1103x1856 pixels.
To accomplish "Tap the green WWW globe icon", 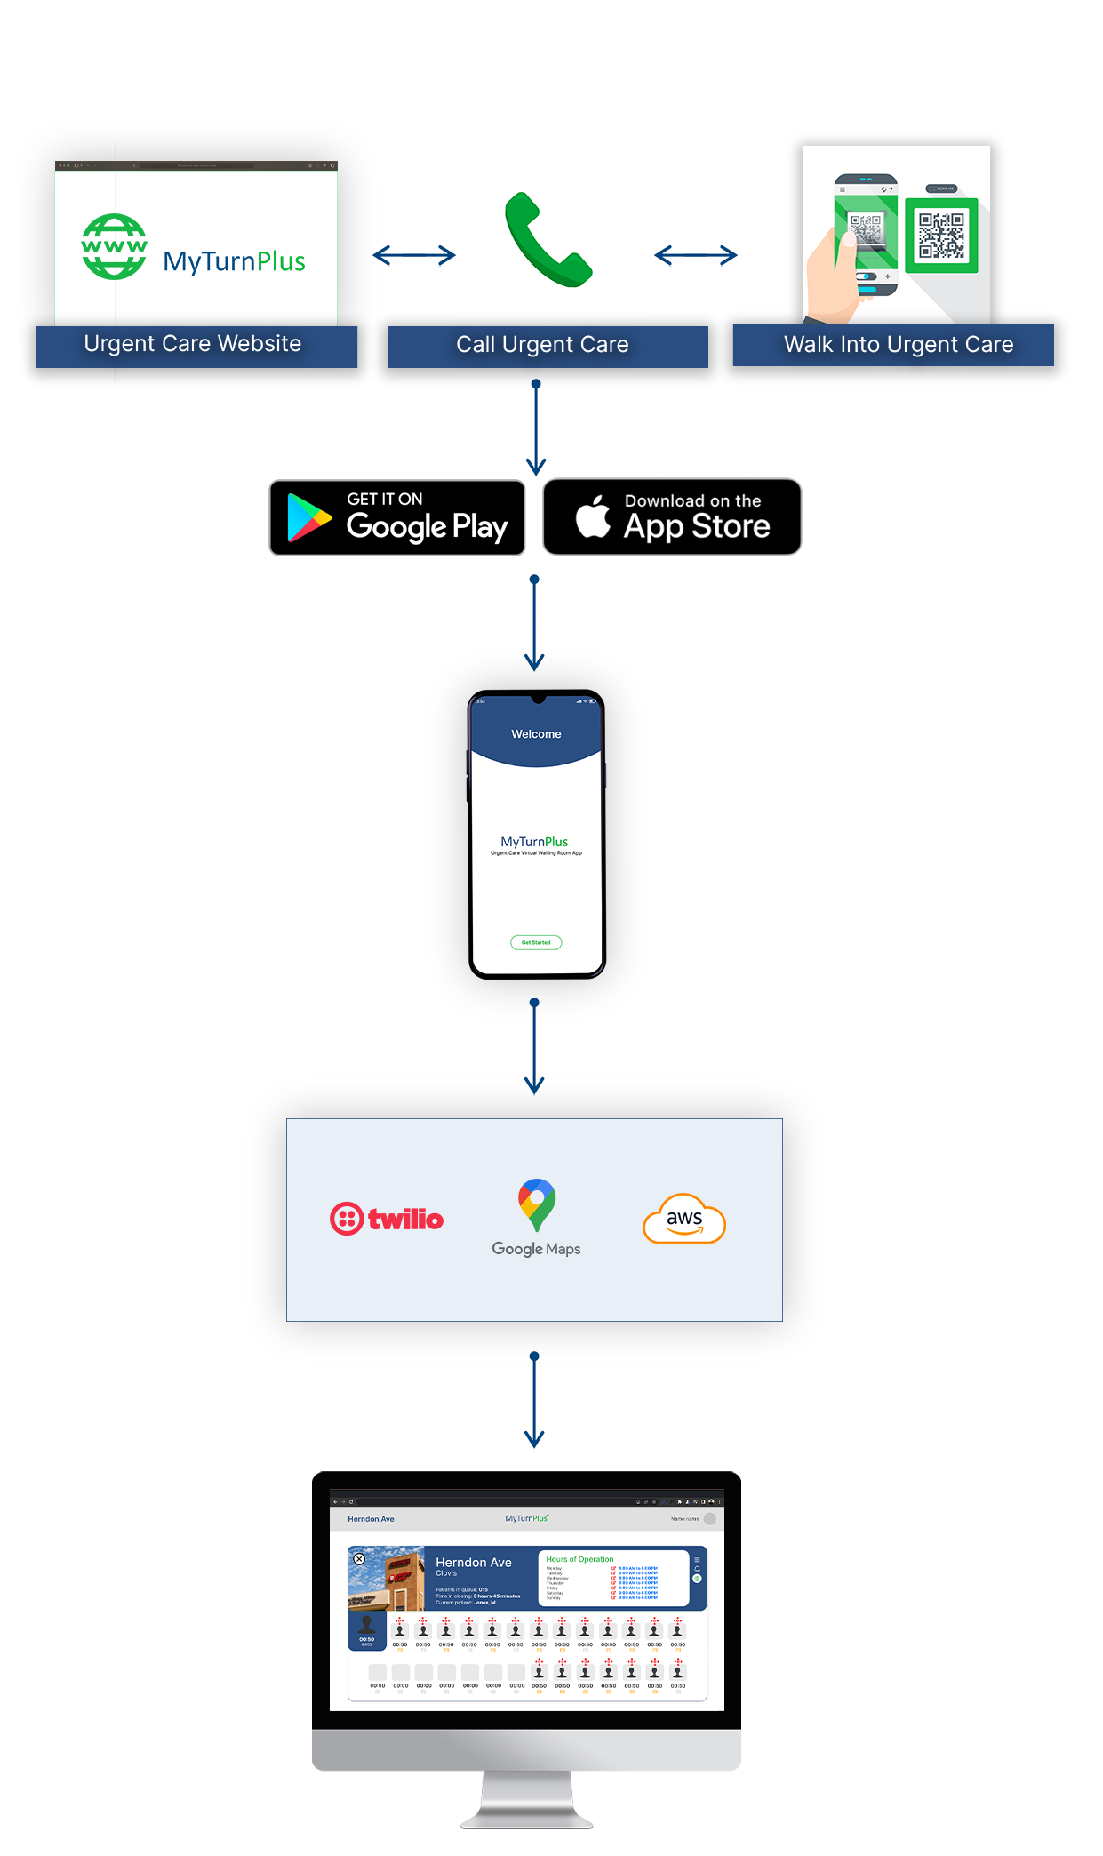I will tap(114, 247).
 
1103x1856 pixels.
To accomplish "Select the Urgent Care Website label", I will tap(193, 344).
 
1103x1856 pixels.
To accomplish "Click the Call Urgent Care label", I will tap(542, 345).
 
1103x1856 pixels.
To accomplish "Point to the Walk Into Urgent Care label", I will tap(898, 345).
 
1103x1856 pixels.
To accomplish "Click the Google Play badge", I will tap(397, 518).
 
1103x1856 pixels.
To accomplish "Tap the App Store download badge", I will tap(672, 517).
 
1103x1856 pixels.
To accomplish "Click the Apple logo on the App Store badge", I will tap(594, 516).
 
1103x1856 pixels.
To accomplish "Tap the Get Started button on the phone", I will tap(536, 942).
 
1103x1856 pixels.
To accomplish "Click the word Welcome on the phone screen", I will tap(536, 734).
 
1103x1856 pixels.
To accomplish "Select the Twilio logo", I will tap(387, 1219).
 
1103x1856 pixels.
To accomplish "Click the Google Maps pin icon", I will tap(537, 1204).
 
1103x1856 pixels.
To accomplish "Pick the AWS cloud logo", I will tap(684, 1219).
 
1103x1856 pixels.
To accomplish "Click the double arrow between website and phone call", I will tap(414, 256).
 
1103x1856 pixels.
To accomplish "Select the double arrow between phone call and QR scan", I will tap(695, 256).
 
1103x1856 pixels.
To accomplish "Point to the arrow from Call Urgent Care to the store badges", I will tap(535, 428).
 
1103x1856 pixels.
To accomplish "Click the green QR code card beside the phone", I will tap(941, 235).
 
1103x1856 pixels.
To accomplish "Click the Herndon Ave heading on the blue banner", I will tap(473, 1563).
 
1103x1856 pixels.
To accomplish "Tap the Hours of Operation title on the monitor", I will tap(579, 1559).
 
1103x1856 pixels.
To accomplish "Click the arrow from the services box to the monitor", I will tap(534, 1400).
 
